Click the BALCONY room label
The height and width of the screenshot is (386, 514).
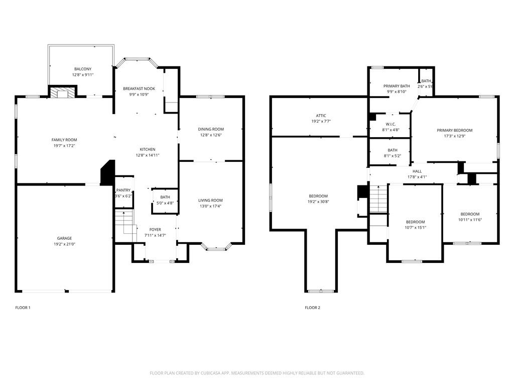(83, 69)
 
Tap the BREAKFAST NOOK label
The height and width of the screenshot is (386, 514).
(139, 89)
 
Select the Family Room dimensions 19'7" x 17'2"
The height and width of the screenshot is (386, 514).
(64, 146)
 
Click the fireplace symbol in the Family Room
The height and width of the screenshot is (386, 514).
(63, 92)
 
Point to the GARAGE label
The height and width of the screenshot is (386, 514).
(64, 238)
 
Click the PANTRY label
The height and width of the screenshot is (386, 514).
(123, 190)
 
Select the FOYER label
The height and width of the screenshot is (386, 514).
(155, 230)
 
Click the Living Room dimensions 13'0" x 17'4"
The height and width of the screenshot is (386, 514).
(210, 206)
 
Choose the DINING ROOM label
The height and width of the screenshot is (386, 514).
(211, 129)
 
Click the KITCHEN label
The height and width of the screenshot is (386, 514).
(147, 149)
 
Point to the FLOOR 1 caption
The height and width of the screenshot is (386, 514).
(23, 308)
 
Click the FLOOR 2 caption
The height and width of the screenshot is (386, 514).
(312, 308)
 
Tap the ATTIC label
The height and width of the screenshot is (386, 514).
(321, 116)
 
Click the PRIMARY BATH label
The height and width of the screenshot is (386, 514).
(397, 86)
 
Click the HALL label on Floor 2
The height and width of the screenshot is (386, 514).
(417, 171)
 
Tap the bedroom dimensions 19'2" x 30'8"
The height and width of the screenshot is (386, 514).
(318, 202)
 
